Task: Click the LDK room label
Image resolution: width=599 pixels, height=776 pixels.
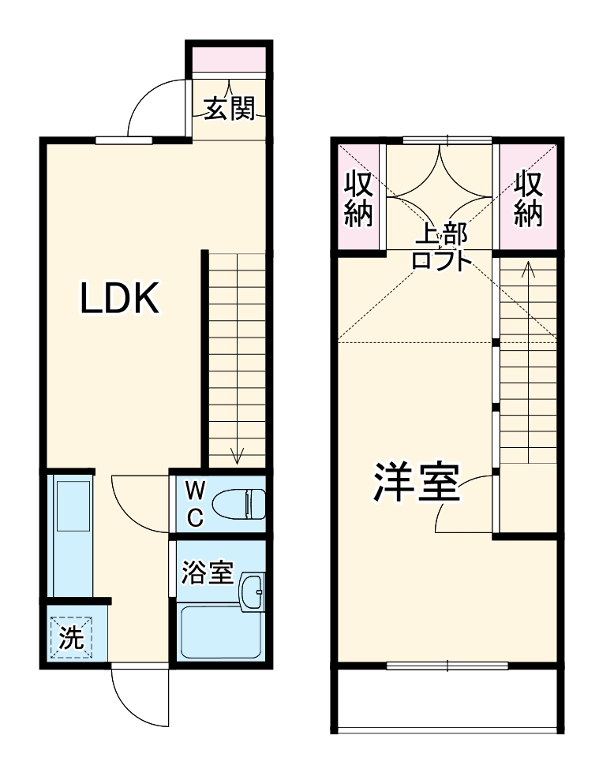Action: (122, 299)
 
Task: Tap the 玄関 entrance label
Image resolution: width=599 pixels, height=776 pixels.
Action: (230, 109)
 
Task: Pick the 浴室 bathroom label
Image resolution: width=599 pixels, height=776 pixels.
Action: (207, 573)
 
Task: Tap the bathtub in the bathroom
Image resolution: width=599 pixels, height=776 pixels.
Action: (220, 632)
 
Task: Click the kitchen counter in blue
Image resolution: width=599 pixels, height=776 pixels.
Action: (72, 537)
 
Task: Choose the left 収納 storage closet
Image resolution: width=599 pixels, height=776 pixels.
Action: (358, 199)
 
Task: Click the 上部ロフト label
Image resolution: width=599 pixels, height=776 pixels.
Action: (441, 247)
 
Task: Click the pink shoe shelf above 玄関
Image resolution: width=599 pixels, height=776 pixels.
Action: (229, 60)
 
